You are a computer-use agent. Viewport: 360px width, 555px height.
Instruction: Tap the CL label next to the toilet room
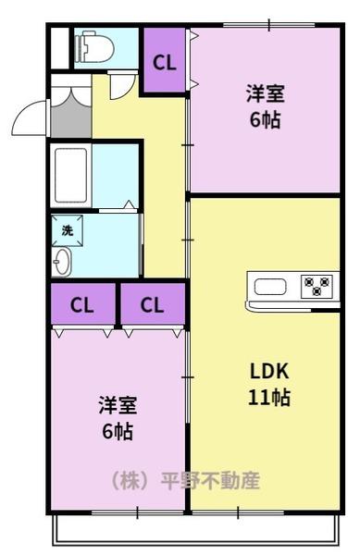point(164,63)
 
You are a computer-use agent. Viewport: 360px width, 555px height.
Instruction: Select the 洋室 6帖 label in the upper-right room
point(265,105)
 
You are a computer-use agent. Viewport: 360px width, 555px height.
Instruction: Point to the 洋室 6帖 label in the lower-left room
point(118,417)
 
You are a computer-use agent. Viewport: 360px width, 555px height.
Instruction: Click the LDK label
point(270,372)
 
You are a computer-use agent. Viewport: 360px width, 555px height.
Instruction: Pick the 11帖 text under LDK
point(270,399)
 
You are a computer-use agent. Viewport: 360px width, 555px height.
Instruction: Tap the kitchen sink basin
point(270,286)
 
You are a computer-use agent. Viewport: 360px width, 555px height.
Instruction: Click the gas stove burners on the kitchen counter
point(317,286)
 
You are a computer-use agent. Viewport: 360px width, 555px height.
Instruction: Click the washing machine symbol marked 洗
point(68,228)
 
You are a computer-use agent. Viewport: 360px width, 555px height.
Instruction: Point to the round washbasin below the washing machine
point(62,262)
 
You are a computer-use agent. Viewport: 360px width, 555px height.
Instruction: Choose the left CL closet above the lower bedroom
point(82,304)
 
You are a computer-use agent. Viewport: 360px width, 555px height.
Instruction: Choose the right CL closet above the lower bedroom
point(154,304)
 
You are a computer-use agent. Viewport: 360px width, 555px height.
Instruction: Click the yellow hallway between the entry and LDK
point(163,185)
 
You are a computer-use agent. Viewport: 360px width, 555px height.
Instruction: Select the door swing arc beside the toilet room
point(121,87)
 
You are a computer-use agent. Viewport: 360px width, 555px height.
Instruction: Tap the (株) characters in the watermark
point(132,481)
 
